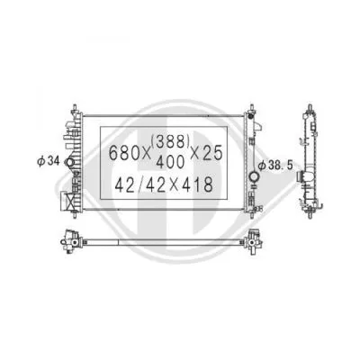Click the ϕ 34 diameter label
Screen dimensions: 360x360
click(x=49, y=161)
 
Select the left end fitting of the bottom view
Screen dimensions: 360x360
click(x=67, y=239)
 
